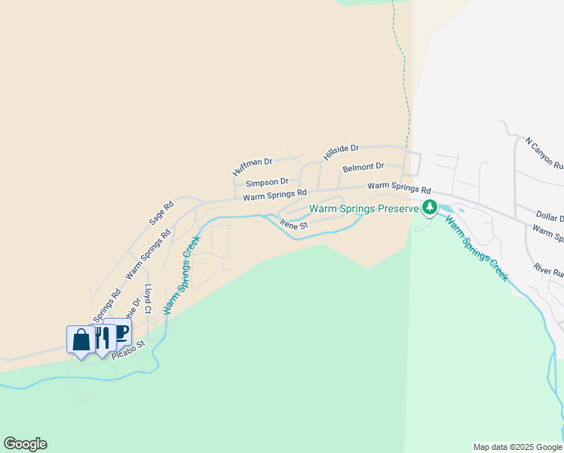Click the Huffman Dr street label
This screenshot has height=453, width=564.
click(x=252, y=165)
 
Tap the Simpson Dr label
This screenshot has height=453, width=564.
click(x=267, y=182)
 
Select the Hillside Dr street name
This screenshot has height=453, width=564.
click(x=341, y=152)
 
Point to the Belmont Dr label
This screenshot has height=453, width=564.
click(x=363, y=167)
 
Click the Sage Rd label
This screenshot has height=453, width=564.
click(x=161, y=213)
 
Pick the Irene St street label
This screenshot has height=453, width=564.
click(x=294, y=224)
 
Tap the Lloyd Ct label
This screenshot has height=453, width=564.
click(x=149, y=298)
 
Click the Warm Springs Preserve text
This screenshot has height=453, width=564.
click(x=363, y=208)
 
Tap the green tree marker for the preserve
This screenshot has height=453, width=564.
click(x=430, y=208)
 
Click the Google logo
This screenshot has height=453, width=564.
click(x=25, y=444)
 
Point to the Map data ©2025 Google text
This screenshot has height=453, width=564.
click(x=517, y=447)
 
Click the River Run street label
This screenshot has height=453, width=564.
click(x=548, y=270)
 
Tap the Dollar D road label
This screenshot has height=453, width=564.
click(x=550, y=218)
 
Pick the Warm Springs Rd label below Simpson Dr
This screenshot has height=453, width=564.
click(x=274, y=196)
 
